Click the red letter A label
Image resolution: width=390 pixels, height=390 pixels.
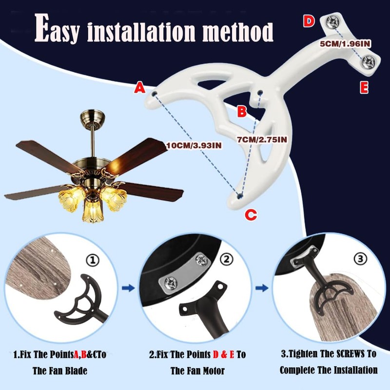point(140,88)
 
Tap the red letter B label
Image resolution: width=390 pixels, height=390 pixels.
point(242,112)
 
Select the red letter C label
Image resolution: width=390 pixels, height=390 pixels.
point(250,214)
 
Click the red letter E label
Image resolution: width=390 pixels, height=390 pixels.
point(364,88)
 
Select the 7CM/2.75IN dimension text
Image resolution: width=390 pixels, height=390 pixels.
point(262,139)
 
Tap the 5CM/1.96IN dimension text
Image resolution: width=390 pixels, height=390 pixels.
point(346,43)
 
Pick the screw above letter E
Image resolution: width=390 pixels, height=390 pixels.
point(369,61)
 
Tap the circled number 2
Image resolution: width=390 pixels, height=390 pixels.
point(225,260)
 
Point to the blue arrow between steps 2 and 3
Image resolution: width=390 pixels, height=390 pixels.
point(262,289)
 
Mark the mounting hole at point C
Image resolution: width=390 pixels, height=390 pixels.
point(239,196)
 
